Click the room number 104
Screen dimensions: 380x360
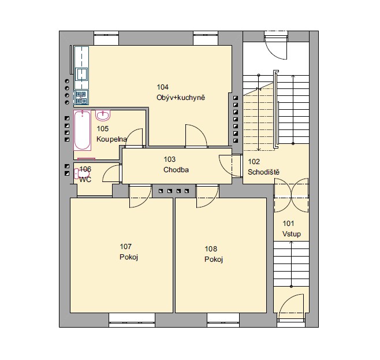tap(163, 87)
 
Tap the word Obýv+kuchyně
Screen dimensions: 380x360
tap(181, 98)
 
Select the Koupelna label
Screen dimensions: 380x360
tap(111, 139)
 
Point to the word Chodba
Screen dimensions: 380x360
tap(176, 170)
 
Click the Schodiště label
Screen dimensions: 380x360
tap(263, 172)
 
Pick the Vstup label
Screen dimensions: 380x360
tap(292, 234)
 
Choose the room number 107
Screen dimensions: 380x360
tap(125, 247)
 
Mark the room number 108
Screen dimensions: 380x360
tap(211, 249)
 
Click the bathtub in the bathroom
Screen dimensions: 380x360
tap(83, 131)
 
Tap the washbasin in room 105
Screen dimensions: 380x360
tap(103, 116)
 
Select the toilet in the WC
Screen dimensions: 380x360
tap(81, 174)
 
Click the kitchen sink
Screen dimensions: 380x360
tap(81, 74)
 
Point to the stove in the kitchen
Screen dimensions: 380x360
tap(81, 98)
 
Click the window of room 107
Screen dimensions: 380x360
tap(132, 320)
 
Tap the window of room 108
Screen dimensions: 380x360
tap(223, 320)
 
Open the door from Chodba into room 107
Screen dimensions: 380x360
tap(140, 196)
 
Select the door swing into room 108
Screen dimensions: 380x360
tap(207, 196)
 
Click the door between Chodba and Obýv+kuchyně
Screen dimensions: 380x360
tap(196, 136)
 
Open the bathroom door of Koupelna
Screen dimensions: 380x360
tap(134, 138)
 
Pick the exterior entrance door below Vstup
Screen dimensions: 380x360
tap(291, 308)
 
